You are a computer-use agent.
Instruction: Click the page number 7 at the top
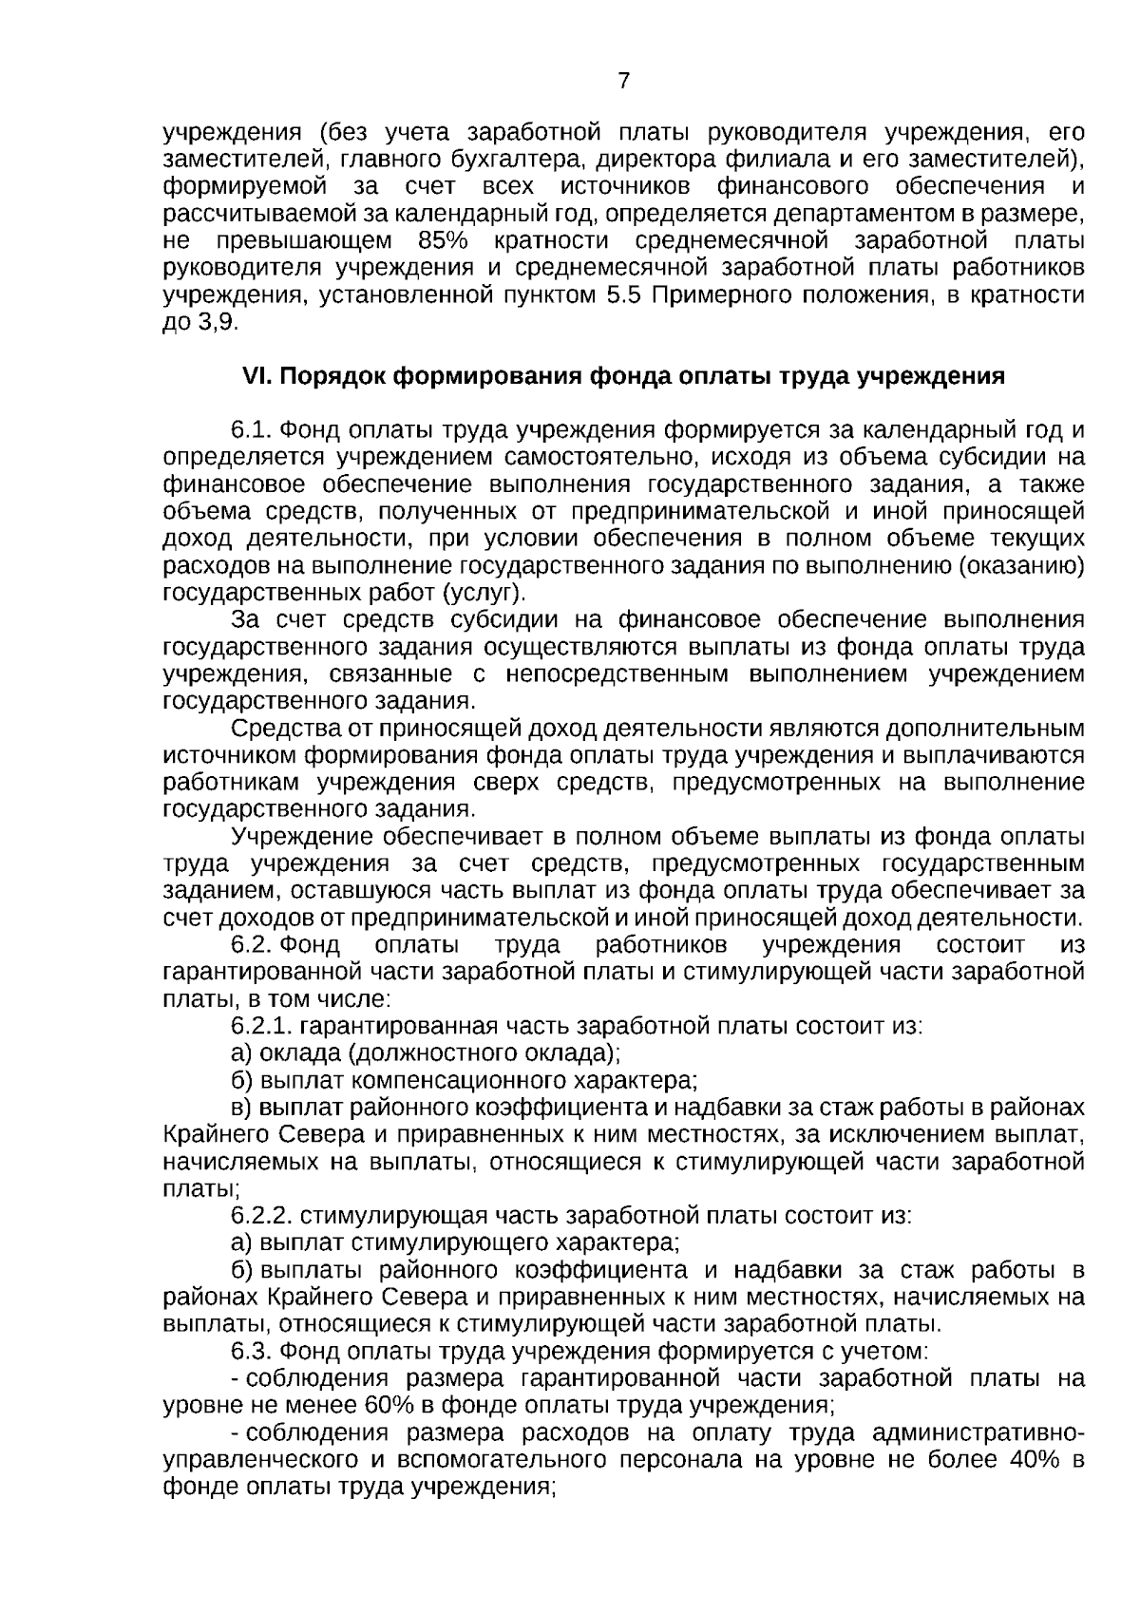pyautogui.click(x=623, y=82)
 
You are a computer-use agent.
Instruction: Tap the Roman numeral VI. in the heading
pyautogui.click(x=257, y=376)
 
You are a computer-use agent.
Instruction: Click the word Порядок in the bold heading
pyautogui.click(x=333, y=376)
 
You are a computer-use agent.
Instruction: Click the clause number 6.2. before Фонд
pyautogui.click(x=253, y=945)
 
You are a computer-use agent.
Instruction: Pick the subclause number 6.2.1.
pyautogui.click(x=261, y=1027)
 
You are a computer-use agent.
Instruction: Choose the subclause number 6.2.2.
pyautogui.click(x=261, y=1216)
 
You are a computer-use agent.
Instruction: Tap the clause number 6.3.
pyautogui.click(x=252, y=1351)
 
